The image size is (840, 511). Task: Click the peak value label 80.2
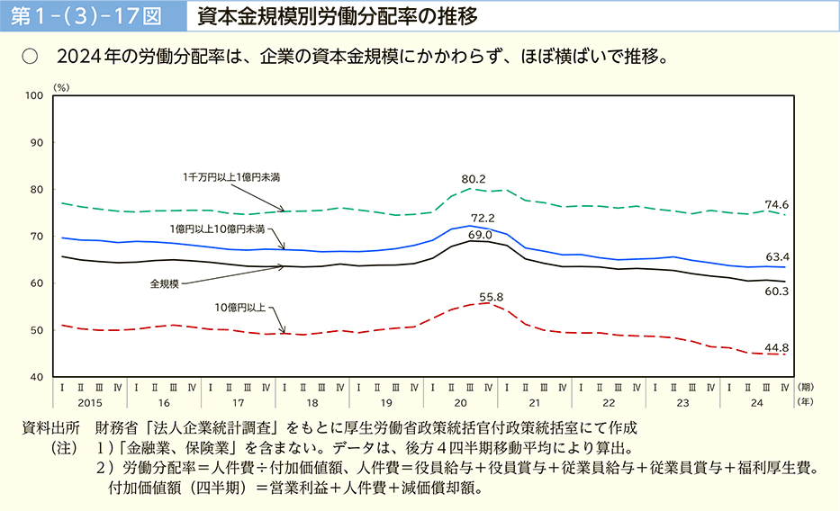pyautogui.click(x=474, y=179)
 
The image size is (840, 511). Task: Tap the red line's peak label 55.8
pyautogui.click(x=491, y=296)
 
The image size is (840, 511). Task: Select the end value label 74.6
pyautogui.click(x=777, y=204)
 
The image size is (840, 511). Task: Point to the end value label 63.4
pyautogui.click(x=777, y=256)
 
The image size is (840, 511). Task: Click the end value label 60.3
pyautogui.click(x=777, y=291)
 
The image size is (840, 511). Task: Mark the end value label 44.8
pyautogui.click(x=777, y=347)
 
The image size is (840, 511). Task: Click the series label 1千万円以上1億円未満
pyautogui.click(x=231, y=177)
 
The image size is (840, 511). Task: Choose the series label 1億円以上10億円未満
pyautogui.click(x=218, y=229)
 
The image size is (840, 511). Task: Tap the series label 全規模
pyautogui.click(x=165, y=283)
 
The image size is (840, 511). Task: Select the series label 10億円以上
pyautogui.click(x=240, y=308)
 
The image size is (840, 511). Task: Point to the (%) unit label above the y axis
pyautogui.click(x=61, y=87)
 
